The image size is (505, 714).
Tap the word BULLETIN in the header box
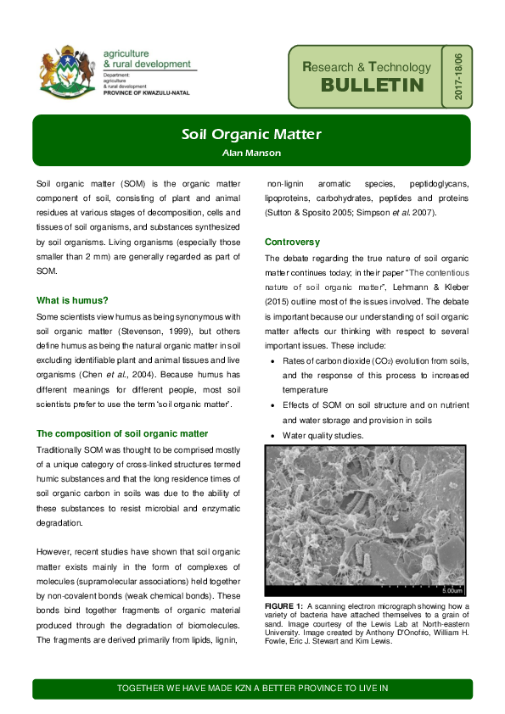pyautogui.click(x=372, y=86)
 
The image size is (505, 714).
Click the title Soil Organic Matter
pyautogui.click(x=251, y=135)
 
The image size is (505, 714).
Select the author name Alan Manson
pyautogui.click(x=251, y=153)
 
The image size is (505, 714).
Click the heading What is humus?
pyautogui.click(x=72, y=300)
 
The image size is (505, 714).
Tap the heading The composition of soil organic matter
pyautogui.click(x=122, y=433)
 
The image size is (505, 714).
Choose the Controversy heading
pyautogui.click(x=292, y=242)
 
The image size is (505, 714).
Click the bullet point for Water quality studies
pyautogui.click(x=272, y=437)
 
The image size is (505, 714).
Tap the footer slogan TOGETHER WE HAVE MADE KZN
pyautogui.click(x=251, y=688)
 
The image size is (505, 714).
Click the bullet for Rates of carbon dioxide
pyautogui.click(x=272, y=361)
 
